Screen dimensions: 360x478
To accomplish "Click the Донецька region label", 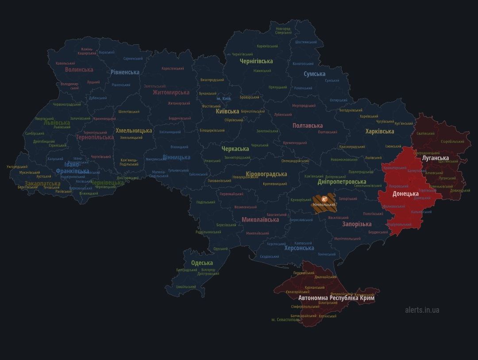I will click(x=405, y=194).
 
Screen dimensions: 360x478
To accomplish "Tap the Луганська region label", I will click(x=435, y=158).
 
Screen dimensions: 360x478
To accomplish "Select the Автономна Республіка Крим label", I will click(x=336, y=298).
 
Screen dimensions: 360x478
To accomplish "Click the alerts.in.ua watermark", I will click(x=422, y=310).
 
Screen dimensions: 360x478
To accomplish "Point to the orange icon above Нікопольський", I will click(x=324, y=199).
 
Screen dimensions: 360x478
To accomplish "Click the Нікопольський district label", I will click(x=324, y=205).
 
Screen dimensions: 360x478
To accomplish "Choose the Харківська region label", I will click(x=379, y=131).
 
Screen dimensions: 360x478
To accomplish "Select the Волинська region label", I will click(x=79, y=69).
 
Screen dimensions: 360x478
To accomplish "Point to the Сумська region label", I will click(x=314, y=74).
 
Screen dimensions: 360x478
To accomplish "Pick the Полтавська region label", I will click(x=307, y=126).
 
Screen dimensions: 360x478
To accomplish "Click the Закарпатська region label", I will click(x=42, y=183).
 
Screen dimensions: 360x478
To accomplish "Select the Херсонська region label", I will click(x=299, y=248).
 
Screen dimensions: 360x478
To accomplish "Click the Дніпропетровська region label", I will click(x=342, y=182).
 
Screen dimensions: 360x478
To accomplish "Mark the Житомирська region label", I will click(x=171, y=92).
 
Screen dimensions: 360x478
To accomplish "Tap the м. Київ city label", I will click(x=224, y=99).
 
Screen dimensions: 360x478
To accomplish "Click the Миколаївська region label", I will click(x=260, y=219).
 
